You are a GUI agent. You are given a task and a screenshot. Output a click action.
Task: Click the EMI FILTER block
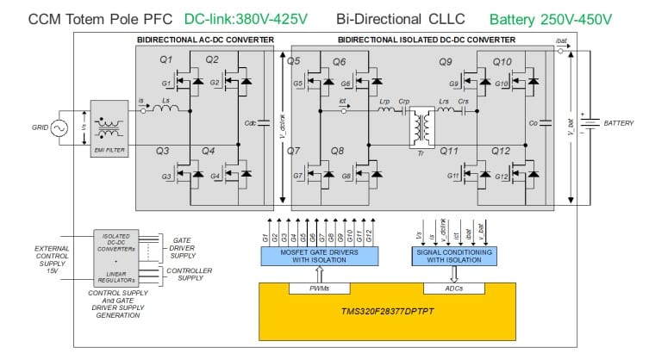pyautogui.click(x=108, y=127)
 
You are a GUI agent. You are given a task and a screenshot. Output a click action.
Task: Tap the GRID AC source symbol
pyautogui.click(x=59, y=127)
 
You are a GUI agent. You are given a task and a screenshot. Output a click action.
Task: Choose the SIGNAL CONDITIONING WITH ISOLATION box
pyautogui.click(x=456, y=255)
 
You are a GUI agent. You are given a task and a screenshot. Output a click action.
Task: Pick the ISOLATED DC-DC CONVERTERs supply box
pyautogui.click(x=116, y=244)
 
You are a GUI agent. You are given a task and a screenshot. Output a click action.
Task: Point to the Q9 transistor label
pyautogui.click(x=445, y=62)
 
